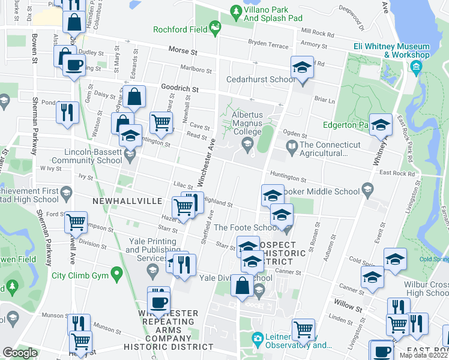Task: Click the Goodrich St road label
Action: pyautogui.click(x=179, y=88)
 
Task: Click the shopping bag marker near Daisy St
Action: pyautogui.click(x=136, y=97)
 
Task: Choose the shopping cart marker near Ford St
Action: pyautogui.click(x=76, y=222)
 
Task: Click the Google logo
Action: pyautogui.click(x=20, y=353)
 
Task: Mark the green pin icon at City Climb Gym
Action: pyautogui.click(x=118, y=275)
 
